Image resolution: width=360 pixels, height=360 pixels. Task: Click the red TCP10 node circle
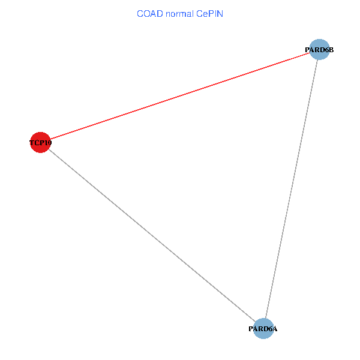pyautogui.click(x=40, y=142)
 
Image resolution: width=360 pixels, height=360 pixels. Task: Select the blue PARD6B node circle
pyautogui.click(x=319, y=49)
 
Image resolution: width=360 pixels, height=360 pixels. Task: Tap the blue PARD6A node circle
pyautogui.click(x=263, y=329)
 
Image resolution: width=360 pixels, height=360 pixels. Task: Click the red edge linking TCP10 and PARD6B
pyautogui.click(x=180, y=96)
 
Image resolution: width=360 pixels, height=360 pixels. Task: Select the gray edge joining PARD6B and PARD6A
pyautogui.click(x=292, y=189)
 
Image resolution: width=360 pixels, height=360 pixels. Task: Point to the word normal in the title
pyautogui.click(x=179, y=14)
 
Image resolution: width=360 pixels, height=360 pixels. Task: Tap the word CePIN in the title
pyautogui.click(x=209, y=14)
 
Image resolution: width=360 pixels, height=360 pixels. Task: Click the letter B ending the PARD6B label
pyautogui.click(x=331, y=50)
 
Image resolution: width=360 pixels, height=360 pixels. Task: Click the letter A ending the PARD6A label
pyautogui.click(x=275, y=329)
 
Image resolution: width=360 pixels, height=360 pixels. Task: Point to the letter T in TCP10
pyautogui.click(x=32, y=143)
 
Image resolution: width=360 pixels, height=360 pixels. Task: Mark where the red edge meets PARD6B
pyautogui.click(x=310, y=53)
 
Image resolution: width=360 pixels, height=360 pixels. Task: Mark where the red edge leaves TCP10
pyautogui.click(x=50, y=139)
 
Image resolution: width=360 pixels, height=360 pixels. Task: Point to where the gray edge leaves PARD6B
pyautogui.click(x=317, y=59)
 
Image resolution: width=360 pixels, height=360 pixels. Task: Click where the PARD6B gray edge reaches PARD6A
pyautogui.click(x=265, y=319)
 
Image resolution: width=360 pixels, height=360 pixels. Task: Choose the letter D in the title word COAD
pyautogui.click(x=160, y=14)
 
